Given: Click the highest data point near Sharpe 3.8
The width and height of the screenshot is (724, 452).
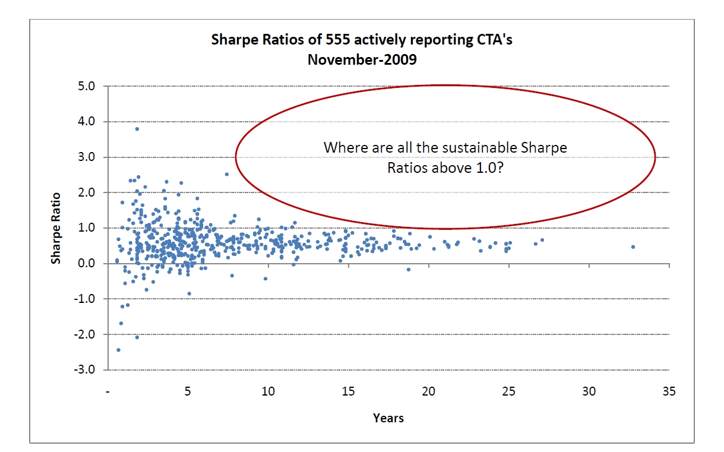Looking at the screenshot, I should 137,129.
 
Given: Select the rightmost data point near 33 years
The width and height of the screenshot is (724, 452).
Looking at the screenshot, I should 633,247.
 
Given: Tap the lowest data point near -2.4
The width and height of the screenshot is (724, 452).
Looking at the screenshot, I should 118,350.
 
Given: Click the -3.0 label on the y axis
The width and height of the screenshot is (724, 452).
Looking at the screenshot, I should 85,369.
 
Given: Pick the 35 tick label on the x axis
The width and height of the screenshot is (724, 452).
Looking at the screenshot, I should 669,392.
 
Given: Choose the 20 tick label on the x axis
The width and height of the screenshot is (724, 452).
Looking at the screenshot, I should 428,392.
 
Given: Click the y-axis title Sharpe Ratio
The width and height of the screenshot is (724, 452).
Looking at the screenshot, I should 56,228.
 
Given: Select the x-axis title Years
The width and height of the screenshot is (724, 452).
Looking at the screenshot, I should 388,418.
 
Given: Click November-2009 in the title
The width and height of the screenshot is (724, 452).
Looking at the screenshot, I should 363,59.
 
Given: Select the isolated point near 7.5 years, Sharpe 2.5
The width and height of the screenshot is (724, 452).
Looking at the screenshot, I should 227,174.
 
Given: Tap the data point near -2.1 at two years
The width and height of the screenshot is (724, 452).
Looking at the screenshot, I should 137,337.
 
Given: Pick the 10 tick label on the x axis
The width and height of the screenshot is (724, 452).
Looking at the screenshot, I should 268,392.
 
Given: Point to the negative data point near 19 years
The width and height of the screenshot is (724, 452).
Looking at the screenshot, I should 409,270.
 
